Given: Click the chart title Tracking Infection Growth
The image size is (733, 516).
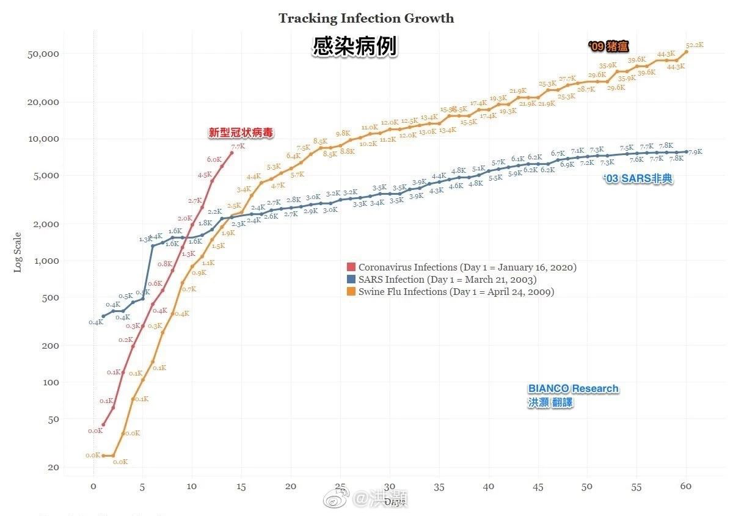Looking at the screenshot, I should click(366, 18).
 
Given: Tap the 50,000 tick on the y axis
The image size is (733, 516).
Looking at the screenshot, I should click(43, 54).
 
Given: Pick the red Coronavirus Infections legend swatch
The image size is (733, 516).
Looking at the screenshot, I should click(351, 267).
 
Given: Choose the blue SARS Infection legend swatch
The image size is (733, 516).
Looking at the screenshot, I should click(351, 280).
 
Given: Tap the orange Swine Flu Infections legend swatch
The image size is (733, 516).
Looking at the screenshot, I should click(351, 292).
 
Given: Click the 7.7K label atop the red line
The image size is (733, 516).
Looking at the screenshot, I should click(238, 147).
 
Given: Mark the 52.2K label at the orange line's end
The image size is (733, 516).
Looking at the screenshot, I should click(695, 45).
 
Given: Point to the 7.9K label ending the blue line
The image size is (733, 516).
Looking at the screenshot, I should click(695, 151).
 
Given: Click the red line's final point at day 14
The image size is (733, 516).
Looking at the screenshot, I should click(232, 153).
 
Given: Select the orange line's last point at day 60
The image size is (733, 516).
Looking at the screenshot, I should click(686, 51).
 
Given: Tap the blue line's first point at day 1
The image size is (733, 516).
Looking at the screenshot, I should click(103, 316).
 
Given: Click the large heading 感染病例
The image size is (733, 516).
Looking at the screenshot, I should click(355, 47).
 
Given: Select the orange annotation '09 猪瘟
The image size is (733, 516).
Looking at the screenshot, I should click(608, 46).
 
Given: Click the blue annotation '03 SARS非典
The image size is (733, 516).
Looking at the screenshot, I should click(638, 180).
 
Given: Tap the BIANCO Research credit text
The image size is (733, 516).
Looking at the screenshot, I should click(573, 389).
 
